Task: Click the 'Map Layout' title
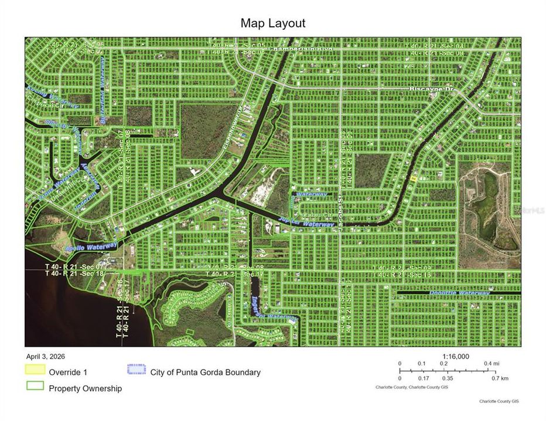[273, 23]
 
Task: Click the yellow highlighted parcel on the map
[414, 178]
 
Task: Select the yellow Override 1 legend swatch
[35, 370]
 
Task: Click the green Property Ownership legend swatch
[35, 386]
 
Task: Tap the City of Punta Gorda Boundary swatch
[136, 370]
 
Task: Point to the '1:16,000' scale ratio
[456, 356]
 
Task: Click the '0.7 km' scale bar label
[500, 378]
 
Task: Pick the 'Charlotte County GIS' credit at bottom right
[499, 401]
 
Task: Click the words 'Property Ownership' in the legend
[86, 388]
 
